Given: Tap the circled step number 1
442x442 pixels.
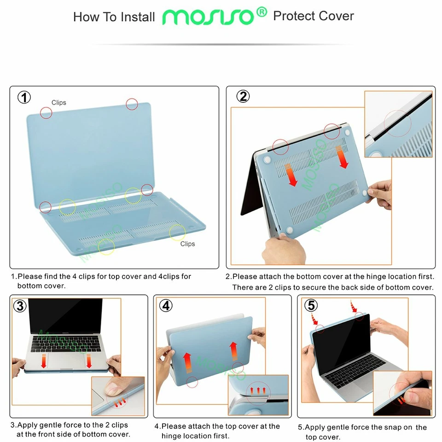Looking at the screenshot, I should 24,97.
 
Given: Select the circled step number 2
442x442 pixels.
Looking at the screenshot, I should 243,96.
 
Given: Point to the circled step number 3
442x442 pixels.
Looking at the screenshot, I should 20,306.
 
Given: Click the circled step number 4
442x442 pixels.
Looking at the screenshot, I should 166,306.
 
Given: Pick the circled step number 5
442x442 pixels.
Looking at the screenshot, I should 311,305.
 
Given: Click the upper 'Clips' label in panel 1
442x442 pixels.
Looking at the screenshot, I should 59,103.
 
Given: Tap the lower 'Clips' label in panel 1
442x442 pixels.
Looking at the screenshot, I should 187,244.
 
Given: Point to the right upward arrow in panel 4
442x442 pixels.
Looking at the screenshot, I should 233,350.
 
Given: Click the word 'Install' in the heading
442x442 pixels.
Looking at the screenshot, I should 138,17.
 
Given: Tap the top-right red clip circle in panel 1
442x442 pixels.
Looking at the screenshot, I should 132,104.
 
